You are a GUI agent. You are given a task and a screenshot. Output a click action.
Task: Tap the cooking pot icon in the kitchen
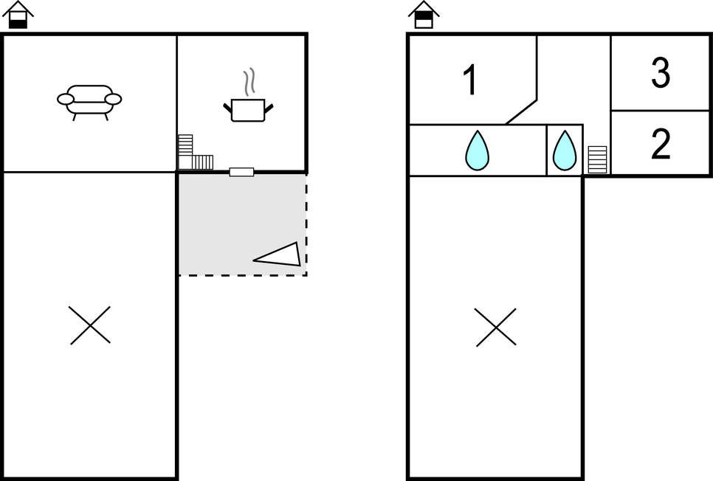(248, 110)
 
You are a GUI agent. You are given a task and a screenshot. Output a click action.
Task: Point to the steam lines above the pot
(249, 82)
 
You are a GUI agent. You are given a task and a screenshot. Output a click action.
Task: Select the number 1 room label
(469, 80)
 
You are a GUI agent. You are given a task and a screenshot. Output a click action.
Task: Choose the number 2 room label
(661, 145)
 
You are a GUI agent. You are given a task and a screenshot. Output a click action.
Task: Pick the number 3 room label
(661, 73)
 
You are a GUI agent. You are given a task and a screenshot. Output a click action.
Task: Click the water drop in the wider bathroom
(478, 150)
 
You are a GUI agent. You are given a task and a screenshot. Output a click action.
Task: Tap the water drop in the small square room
(565, 150)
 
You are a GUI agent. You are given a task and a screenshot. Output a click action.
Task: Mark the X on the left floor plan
(90, 325)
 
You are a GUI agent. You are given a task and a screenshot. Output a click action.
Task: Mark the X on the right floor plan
(496, 328)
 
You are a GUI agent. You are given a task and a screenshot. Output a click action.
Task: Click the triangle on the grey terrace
(280, 255)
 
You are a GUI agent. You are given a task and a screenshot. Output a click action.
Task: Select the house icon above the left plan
(18, 14)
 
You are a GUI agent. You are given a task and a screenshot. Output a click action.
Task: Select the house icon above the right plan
(424, 14)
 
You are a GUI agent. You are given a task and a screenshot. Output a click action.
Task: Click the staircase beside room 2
(597, 159)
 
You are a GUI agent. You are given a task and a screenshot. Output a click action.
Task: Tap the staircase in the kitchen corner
(195, 155)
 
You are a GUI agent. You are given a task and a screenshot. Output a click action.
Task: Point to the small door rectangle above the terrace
(241, 172)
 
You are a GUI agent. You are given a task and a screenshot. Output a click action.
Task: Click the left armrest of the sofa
(66, 99)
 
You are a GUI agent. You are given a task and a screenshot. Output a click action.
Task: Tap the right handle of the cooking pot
(269, 108)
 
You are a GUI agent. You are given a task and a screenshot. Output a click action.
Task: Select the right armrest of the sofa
(113, 99)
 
